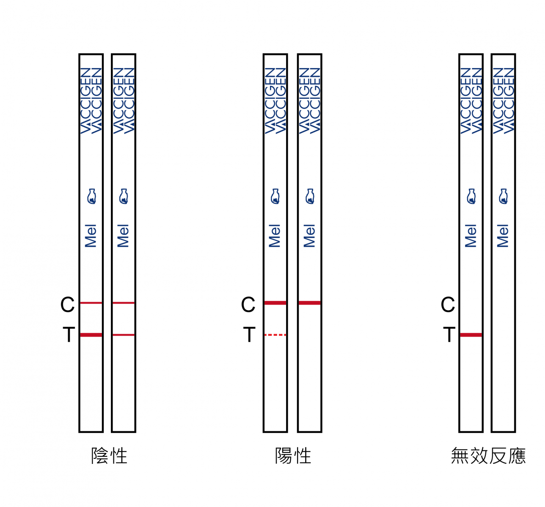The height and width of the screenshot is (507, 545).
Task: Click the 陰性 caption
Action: click(109, 456)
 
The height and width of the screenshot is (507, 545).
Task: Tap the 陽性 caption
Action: click(293, 456)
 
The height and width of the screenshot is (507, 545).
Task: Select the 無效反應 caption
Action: click(488, 456)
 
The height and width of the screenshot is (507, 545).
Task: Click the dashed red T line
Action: click(275, 335)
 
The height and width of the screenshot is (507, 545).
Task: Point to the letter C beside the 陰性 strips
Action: click(68, 305)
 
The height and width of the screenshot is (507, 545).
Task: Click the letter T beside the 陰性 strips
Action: click(69, 334)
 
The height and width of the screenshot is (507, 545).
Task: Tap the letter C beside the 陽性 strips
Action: click(248, 305)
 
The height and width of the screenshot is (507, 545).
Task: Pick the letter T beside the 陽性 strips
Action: click(250, 334)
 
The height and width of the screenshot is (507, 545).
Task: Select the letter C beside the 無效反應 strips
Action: click(448, 305)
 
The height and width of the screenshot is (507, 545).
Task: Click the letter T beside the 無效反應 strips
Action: click(449, 334)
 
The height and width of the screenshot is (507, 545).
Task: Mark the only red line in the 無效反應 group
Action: click(471, 335)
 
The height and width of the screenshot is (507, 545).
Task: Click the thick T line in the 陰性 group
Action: click(91, 335)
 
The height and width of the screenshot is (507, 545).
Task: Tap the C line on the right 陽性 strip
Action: click(310, 303)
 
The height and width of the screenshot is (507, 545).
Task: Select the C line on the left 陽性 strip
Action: click(275, 303)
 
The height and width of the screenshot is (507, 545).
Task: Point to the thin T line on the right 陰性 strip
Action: click(124, 335)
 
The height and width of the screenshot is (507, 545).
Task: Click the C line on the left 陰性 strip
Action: click(91, 303)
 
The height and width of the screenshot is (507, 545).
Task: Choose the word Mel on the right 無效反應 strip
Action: click(503, 236)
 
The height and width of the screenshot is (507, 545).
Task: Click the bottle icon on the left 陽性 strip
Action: click(275, 196)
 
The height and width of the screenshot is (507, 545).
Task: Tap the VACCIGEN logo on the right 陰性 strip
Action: click(124, 101)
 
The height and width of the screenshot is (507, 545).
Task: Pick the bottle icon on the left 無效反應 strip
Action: click(471, 196)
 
